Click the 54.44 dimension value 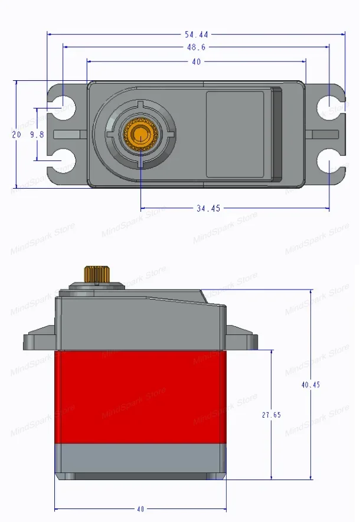coord(197,34)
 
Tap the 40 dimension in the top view coord(196,61)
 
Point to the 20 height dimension coord(16,134)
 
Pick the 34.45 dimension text coord(208,208)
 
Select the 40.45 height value coord(310,385)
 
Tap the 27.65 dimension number coord(271,415)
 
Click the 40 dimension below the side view coord(140,508)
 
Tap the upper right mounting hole coord(327,107)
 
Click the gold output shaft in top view coord(141,133)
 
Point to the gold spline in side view coord(95,274)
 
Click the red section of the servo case coord(140,397)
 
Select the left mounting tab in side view coord(40,341)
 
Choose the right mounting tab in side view coord(242,341)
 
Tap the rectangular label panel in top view coord(235,134)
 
